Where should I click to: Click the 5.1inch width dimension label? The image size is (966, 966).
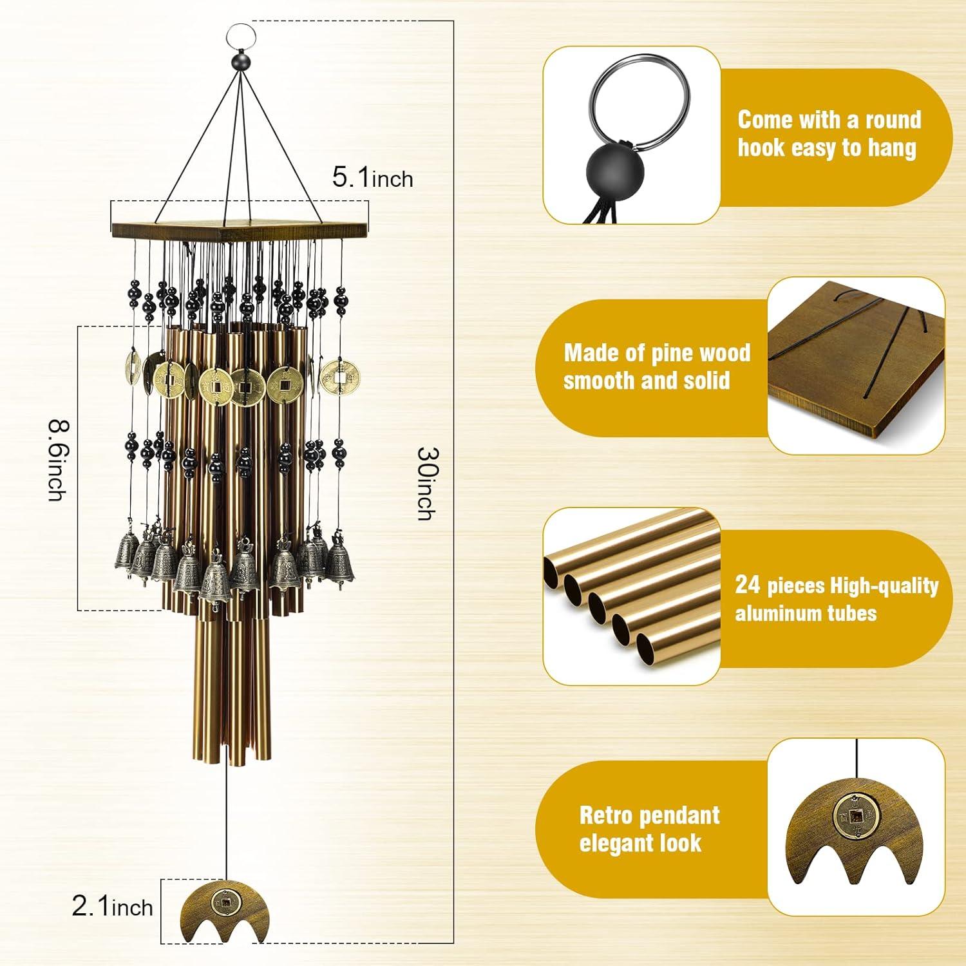coord(372,177)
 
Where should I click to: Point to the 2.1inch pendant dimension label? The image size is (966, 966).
coord(113,907)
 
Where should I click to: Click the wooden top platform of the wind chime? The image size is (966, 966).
coord(240,229)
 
